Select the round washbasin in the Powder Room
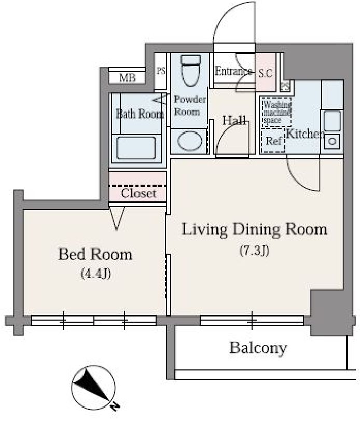(189, 141)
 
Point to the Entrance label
(233, 72)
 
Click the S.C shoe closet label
(265, 73)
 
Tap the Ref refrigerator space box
(273, 141)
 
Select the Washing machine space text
(276, 112)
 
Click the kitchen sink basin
(332, 121)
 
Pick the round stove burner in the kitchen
(332, 141)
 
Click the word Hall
(234, 120)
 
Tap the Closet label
(138, 194)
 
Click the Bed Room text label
(95, 254)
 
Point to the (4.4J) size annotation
(95, 273)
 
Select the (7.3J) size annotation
(254, 251)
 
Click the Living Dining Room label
(254, 229)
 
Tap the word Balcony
(258, 348)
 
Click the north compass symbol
(93, 387)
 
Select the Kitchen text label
(305, 134)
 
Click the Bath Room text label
(139, 114)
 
